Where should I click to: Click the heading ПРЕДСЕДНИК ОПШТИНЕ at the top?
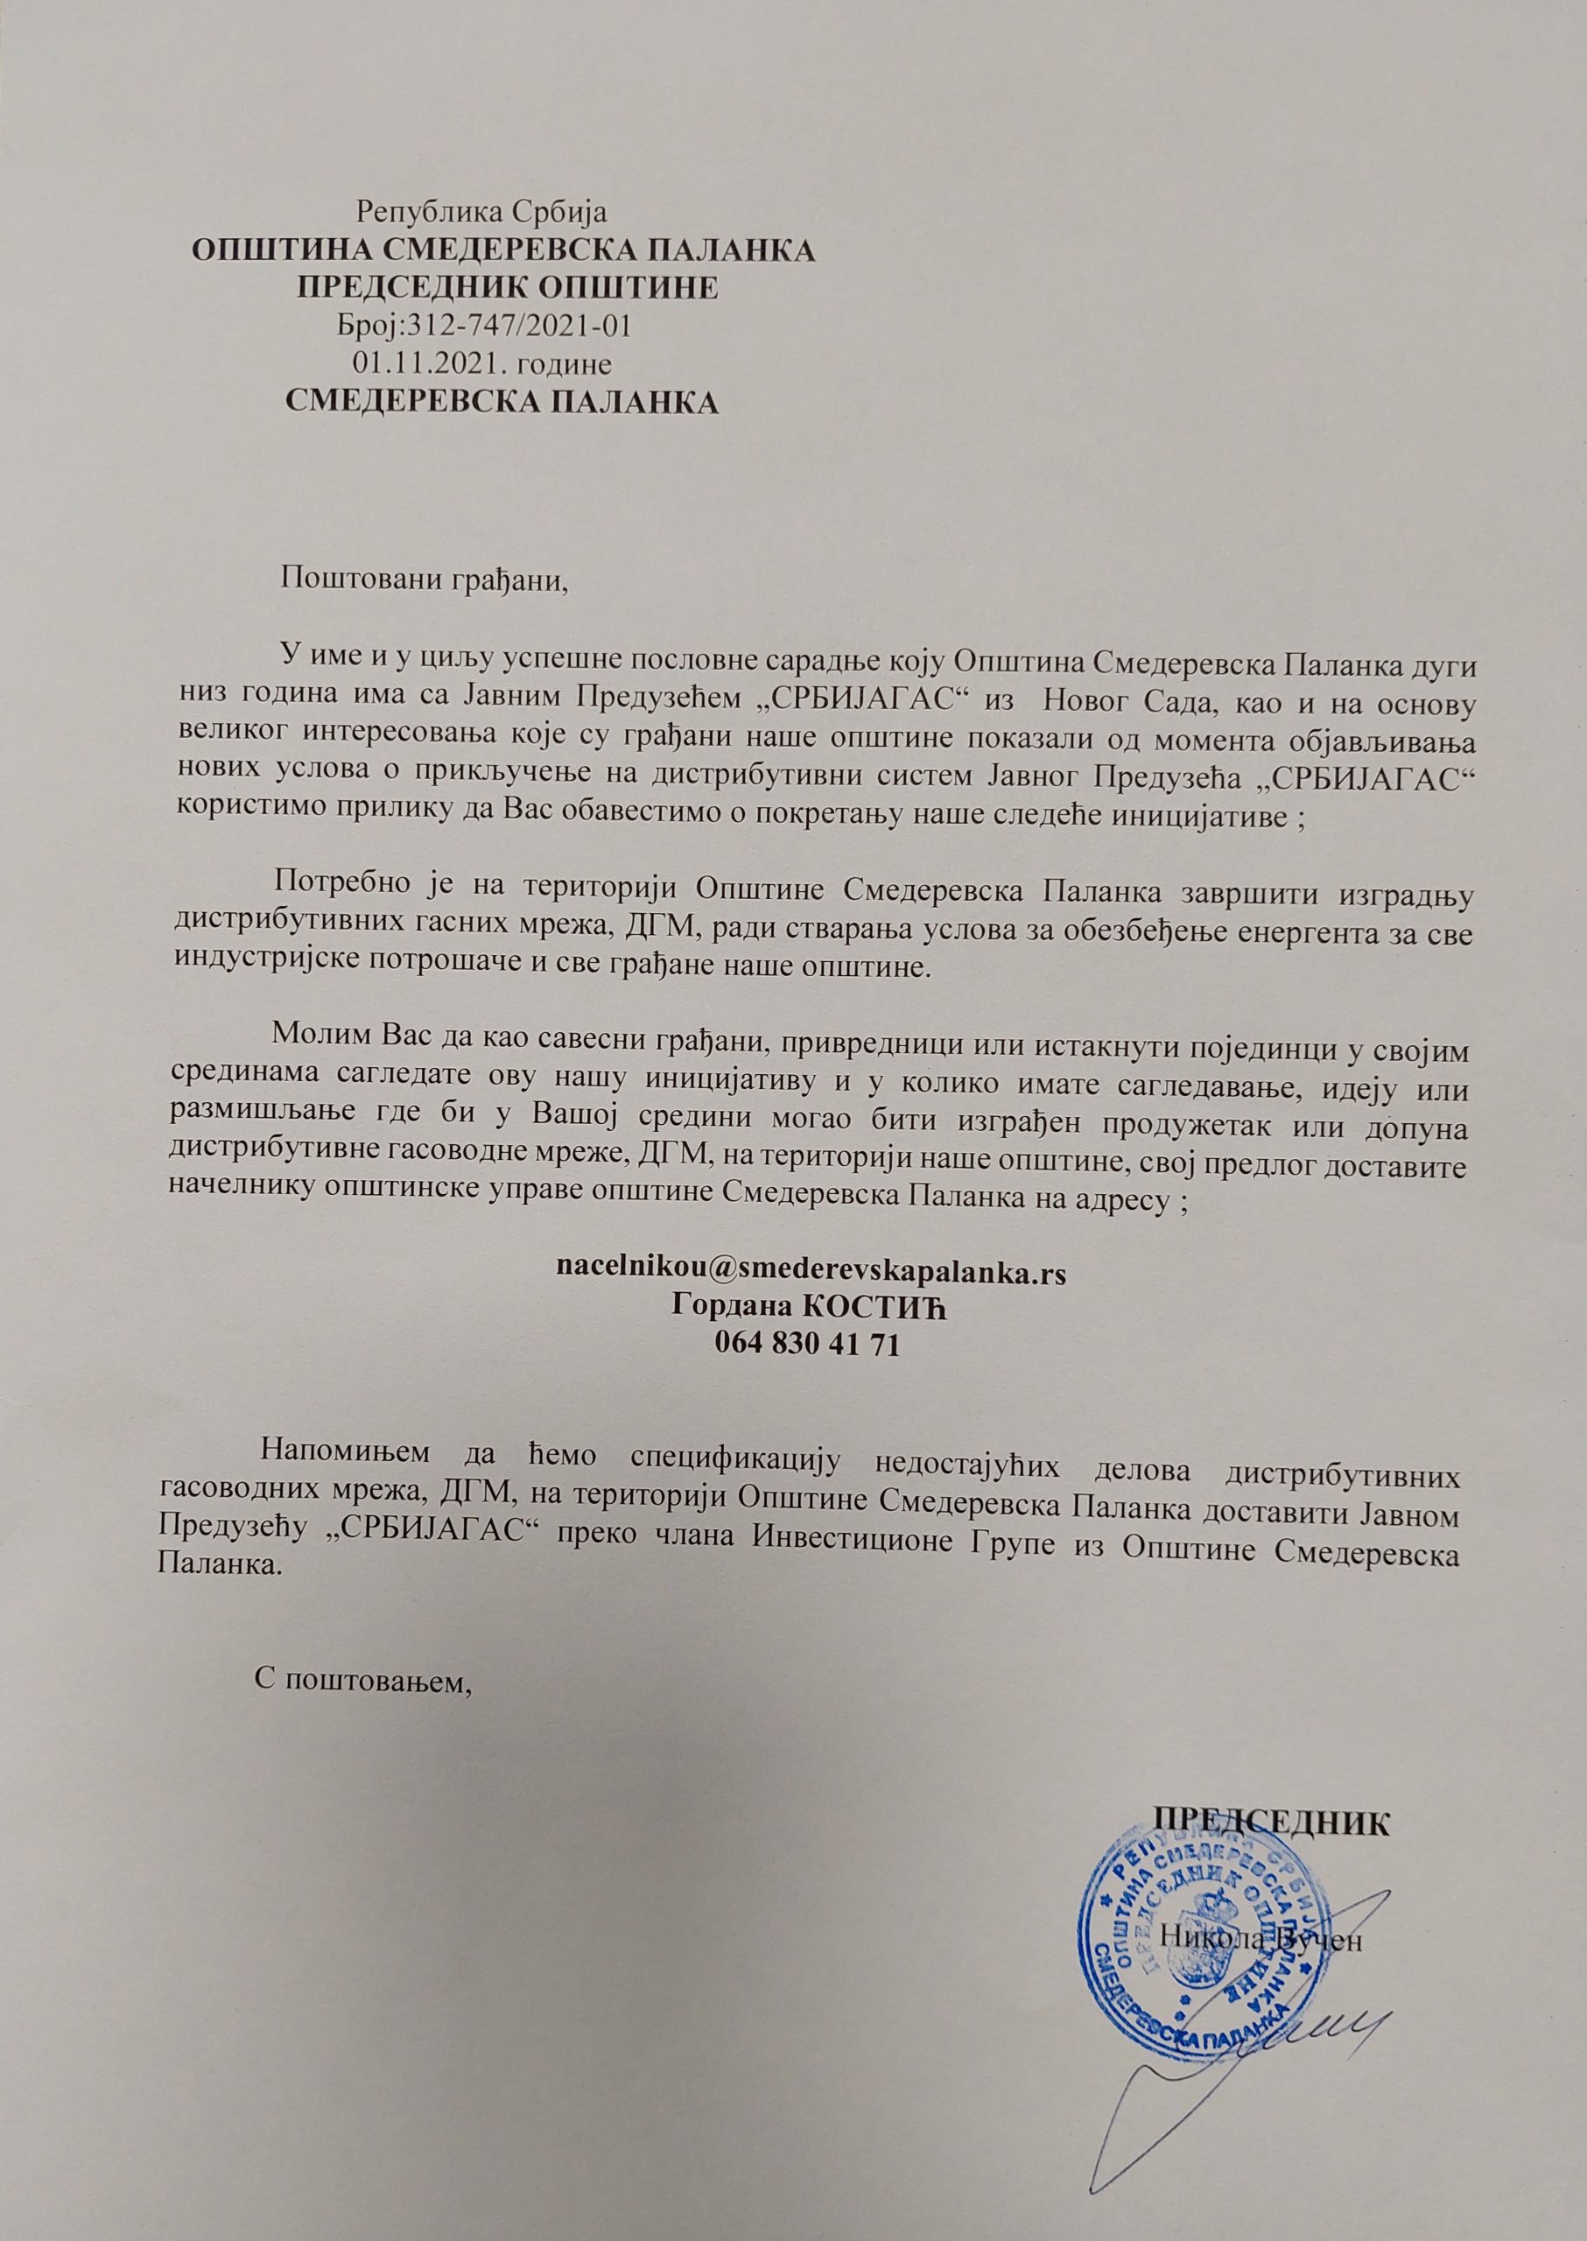(507, 287)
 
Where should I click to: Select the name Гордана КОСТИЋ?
(810, 1308)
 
